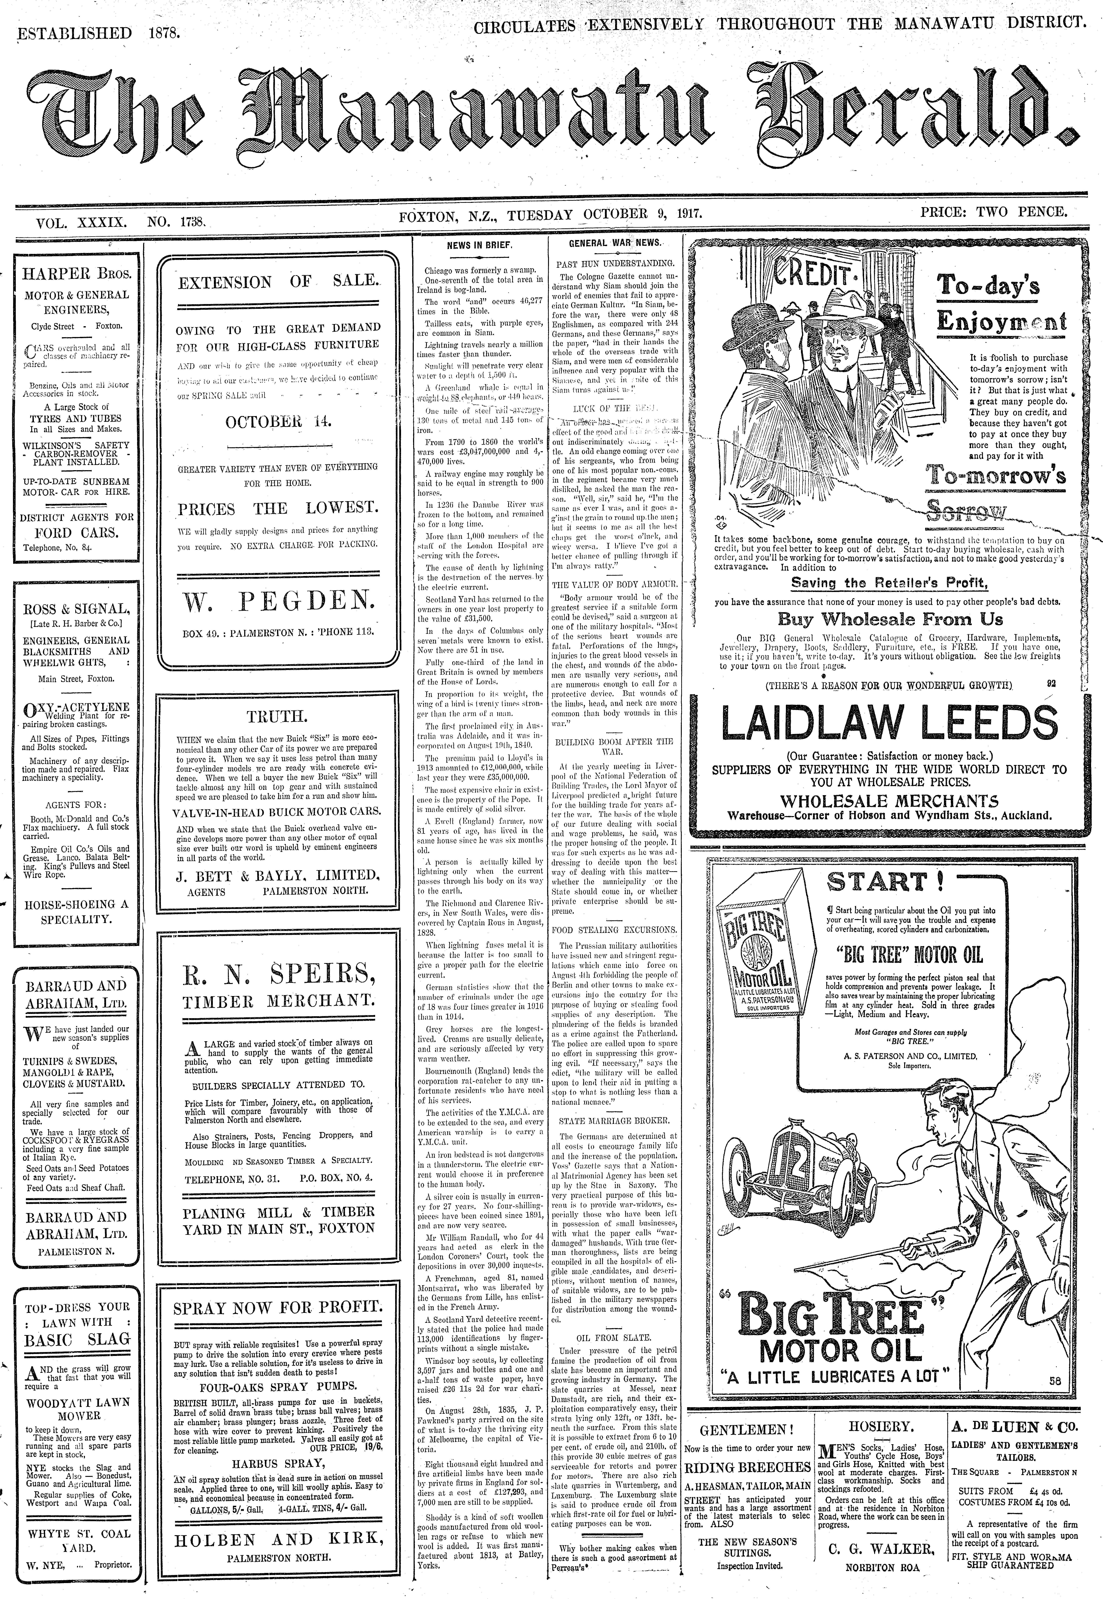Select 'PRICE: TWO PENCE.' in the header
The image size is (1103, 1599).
[x=993, y=212]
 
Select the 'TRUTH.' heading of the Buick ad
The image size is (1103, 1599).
[x=277, y=716]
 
